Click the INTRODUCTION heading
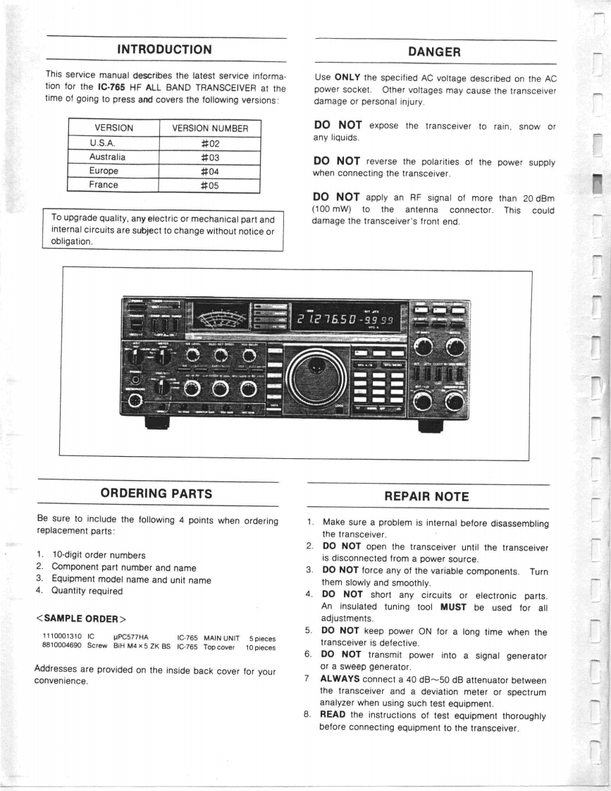pyautogui.click(x=163, y=49)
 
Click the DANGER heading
pyautogui.click(x=434, y=51)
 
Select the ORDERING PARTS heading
pyautogui.click(x=156, y=493)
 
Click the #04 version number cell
pyautogui.click(x=209, y=171)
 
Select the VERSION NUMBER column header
pyautogui.click(x=210, y=128)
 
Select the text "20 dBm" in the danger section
pyautogui.click(x=537, y=197)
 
